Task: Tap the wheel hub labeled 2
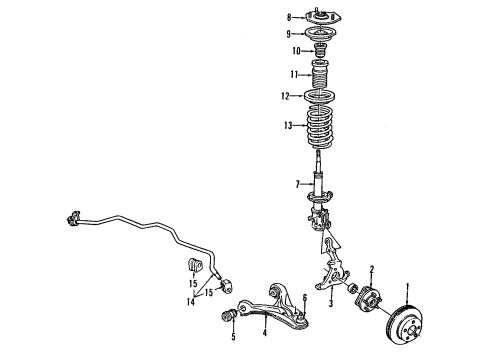(363, 299)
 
